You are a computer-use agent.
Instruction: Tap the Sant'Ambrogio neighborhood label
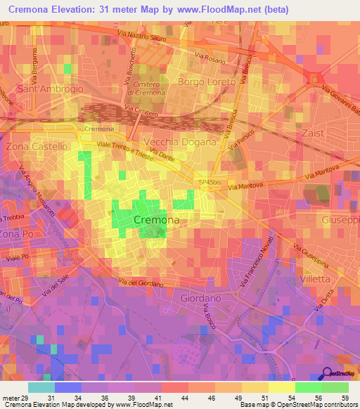46,89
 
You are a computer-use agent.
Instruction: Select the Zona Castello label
37,147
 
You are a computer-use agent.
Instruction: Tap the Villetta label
314,278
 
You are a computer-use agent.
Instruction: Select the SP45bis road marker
210,181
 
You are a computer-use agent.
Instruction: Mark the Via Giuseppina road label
312,258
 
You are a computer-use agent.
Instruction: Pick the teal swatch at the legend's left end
41,387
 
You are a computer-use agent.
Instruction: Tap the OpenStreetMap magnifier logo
327,375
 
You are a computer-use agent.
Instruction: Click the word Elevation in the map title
75,11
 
